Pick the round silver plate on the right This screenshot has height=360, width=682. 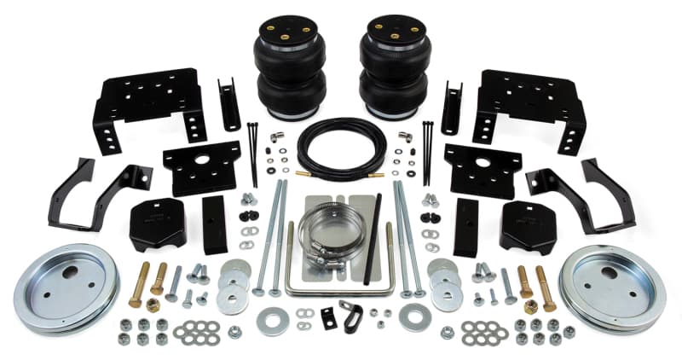tap(611, 287)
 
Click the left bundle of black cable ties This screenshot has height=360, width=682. tap(253, 152)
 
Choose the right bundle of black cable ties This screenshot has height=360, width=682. tap(426, 152)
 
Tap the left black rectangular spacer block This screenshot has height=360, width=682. tap(215, 224)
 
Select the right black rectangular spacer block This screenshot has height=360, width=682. tap(465, 224)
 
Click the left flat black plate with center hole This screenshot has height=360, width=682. tap(201, 166)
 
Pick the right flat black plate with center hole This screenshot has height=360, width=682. tap(482, 166)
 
